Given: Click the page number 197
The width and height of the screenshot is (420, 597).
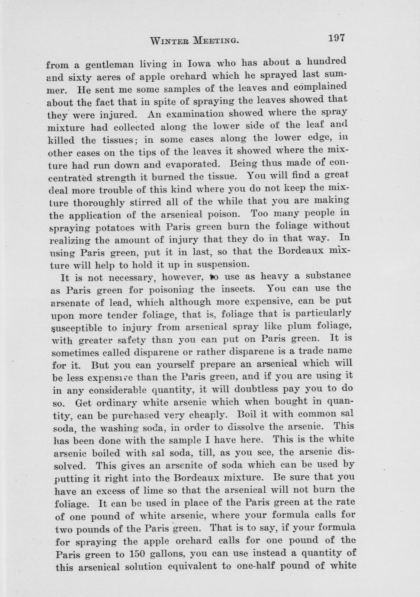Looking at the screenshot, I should pos(336,38).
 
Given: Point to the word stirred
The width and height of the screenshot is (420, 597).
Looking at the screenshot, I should pos(148,202).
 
